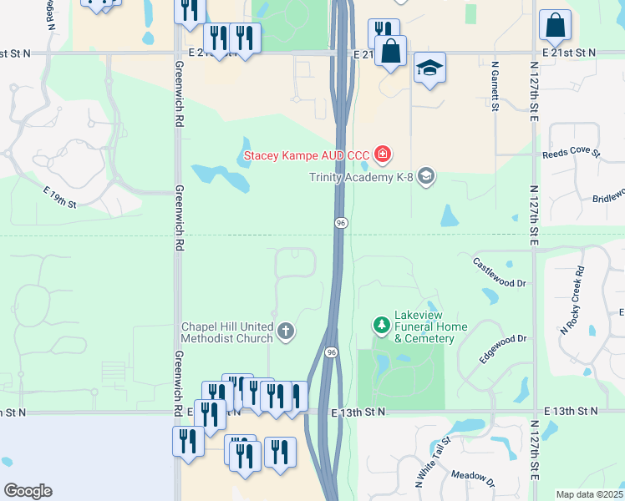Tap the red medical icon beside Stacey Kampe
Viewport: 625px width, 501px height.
383,154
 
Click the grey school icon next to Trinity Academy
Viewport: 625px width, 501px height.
426,175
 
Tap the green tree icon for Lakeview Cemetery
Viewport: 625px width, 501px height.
382,324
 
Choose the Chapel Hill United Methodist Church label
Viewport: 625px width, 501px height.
226,332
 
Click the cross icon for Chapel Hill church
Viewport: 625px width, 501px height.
286,331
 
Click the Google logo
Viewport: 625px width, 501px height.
28,491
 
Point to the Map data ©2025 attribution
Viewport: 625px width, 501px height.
588,494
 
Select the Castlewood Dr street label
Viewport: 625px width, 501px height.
499,272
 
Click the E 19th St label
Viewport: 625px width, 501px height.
60,197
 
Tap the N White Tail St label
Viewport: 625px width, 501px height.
433,461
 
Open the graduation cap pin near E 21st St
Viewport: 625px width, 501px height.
429,68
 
